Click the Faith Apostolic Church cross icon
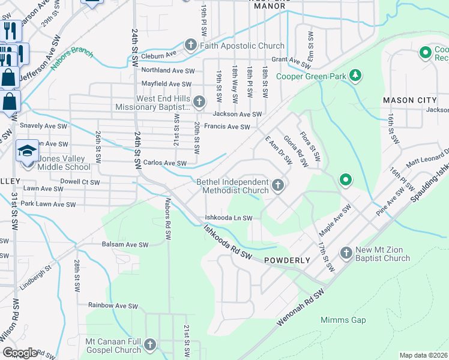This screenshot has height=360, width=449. point(190,46)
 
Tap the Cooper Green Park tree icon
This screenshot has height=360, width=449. point(357,75)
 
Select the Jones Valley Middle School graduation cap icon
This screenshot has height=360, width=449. point(27,150)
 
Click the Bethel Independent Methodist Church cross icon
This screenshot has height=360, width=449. point(277,186)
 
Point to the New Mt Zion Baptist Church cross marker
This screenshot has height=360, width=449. point(346,253)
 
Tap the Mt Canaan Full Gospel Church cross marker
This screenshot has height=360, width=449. point(149,345)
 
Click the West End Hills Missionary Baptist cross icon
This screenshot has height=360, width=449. point(199,102)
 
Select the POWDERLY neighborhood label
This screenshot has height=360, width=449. point(286,260)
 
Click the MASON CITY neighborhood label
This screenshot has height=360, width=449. point(408,100)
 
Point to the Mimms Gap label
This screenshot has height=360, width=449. point(343,320)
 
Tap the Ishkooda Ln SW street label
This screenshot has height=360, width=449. point(229,218)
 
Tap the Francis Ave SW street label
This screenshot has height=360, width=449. point(227,127)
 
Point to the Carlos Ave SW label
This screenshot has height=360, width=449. point(165,163)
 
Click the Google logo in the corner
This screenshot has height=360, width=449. point(20,353)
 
